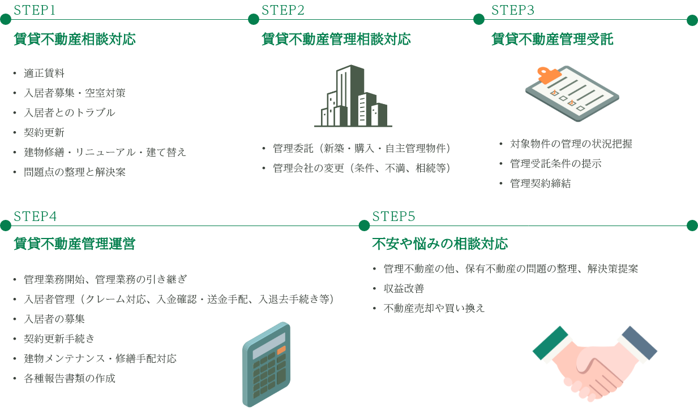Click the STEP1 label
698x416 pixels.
35,10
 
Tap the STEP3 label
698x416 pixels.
513,10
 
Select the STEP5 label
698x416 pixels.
394,216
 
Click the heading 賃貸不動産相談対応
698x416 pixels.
75,40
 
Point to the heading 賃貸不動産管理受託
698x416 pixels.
552,40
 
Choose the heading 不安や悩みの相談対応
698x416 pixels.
440,244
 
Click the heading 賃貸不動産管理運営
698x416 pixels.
75,244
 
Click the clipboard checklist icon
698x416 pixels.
571,93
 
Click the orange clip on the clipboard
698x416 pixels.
547,74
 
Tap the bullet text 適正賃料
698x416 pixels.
44,73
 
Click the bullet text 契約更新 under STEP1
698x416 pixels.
44,133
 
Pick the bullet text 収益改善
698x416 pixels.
404,288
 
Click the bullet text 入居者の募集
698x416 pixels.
54,319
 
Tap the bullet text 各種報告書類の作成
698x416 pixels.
70,378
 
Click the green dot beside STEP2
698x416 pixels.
254,20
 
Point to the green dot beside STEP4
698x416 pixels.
6,226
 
